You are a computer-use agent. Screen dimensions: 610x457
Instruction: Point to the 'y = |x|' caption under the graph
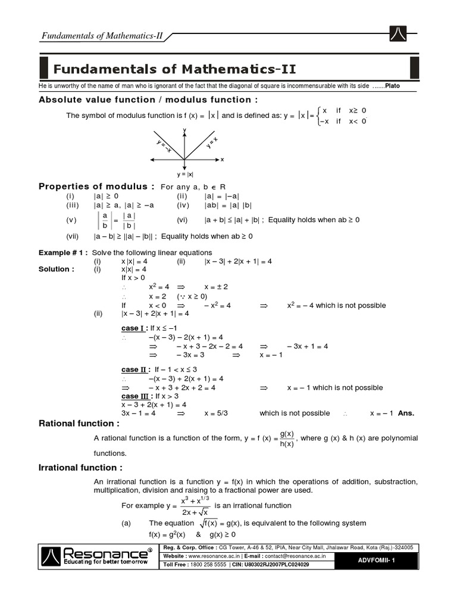pyautogui.click(x=185, y=175)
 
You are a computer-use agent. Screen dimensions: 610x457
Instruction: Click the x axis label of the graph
pyautogui.click(x=222, y=160)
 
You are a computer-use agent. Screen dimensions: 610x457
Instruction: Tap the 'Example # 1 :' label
pyautogui.click(x=63, y=253)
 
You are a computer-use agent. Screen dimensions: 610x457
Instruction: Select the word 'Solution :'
pyautogui.click(x=57, y=269)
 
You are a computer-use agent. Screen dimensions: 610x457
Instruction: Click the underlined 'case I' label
pyautogui.click(x=133, y=328)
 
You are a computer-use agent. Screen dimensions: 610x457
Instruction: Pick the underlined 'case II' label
pyautogui.click(x=134, y=370)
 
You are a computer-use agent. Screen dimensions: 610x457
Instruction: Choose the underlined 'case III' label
pyautogui.click(x=136, y=396)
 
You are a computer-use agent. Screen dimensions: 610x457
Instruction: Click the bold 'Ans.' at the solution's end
pyautogui.click(x=406, y=413)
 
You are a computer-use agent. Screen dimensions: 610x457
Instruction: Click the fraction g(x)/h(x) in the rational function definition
pyautogui.click(x=287, y=438)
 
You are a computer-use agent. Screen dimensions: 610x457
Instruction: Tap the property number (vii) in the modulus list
pyautogui.click(x=73, y=236)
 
